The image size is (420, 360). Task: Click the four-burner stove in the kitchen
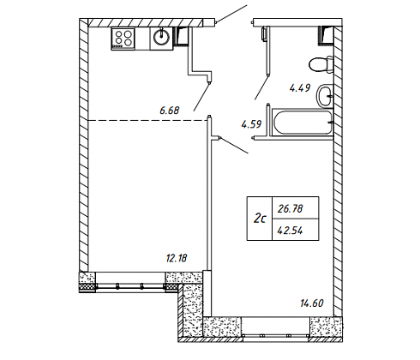point(123,39)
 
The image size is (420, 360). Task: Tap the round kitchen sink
point(161,39)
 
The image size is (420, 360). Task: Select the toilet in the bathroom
point(321,64)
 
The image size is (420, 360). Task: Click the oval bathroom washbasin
point(325,96)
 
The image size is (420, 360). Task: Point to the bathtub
point(303,122)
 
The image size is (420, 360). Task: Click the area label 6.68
point(170,111)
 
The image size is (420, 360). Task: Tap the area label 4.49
point(300,87)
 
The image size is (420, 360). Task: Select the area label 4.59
point(251,124)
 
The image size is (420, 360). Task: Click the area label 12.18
point(177,258)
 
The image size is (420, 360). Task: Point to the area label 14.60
point(312,303)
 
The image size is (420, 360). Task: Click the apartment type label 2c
point(260,219)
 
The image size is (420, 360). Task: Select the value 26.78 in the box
point(291,209)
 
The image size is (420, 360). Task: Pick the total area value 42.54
point(291,230)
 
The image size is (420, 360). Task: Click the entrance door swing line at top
point(231,14)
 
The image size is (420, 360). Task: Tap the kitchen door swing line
point(201,96)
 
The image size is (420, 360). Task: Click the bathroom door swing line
point(261,87)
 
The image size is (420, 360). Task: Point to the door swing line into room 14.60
point(235,146)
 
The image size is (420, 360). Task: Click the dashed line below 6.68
point(148,121)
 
